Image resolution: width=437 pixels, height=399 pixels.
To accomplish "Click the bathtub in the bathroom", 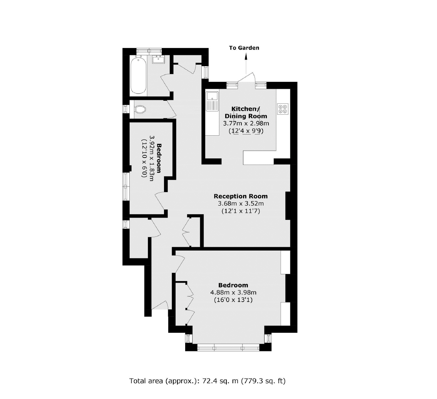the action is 138,75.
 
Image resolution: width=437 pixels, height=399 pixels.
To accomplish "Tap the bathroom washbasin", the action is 158,59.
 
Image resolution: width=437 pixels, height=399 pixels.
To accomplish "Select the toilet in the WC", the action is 140,109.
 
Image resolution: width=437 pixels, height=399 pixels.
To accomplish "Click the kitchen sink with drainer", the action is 212,101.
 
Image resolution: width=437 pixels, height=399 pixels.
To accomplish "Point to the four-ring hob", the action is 283,108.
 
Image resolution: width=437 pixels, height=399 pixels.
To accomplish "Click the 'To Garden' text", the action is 244,48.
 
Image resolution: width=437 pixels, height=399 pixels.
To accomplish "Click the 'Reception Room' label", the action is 241,196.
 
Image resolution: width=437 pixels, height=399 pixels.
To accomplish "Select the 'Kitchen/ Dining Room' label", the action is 246,112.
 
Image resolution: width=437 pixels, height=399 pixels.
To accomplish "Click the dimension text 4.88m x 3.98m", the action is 233,293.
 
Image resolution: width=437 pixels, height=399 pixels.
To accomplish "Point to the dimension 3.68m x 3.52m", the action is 241,203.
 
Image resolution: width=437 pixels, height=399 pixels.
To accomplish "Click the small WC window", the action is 126,109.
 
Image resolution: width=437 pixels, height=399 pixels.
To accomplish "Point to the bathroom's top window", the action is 149,51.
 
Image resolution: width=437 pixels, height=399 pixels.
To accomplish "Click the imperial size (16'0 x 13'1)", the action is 233,300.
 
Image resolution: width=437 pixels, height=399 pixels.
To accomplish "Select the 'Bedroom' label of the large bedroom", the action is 233,285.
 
